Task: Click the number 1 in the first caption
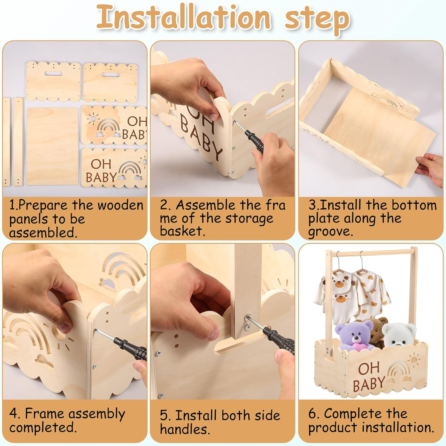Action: click(12, 205)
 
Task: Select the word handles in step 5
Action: click(185, 429)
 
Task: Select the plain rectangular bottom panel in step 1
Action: click(52, 146)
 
